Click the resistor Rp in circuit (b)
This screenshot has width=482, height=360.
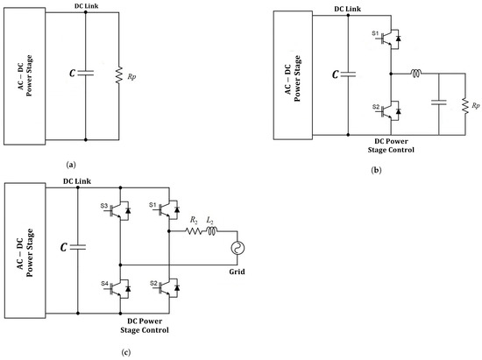(466, 106)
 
